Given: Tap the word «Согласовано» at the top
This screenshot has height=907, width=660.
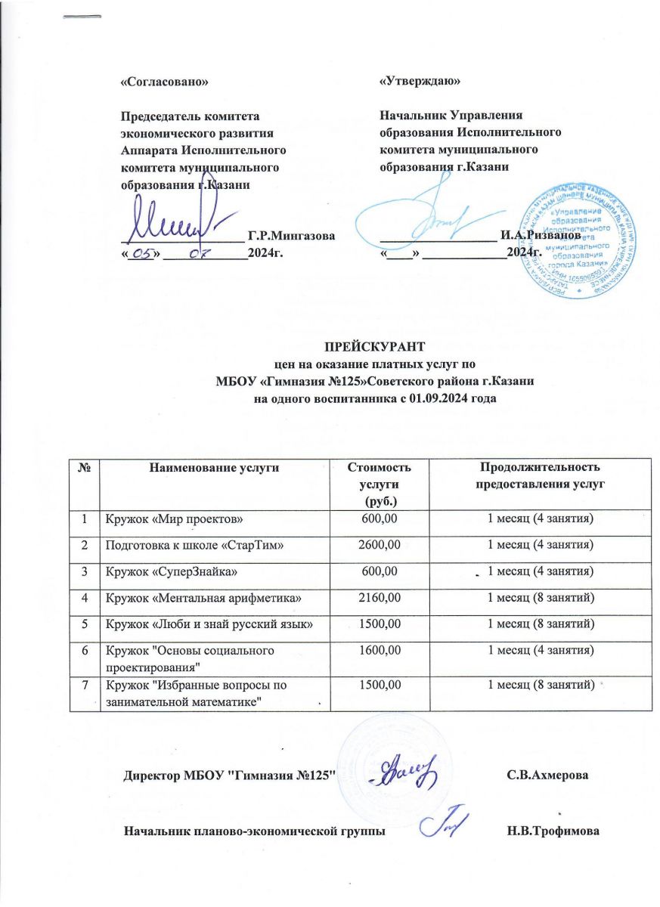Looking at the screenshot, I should click(x=164, y=79).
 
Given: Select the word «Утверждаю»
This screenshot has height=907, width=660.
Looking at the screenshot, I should click(x=420, y=79).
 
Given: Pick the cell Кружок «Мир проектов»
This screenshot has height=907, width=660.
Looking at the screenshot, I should click(x=174, y=518).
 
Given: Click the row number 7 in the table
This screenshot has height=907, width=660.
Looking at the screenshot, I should click(x=85, y=684).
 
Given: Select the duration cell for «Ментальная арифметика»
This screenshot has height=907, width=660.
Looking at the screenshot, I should click(x=538, y=599).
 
